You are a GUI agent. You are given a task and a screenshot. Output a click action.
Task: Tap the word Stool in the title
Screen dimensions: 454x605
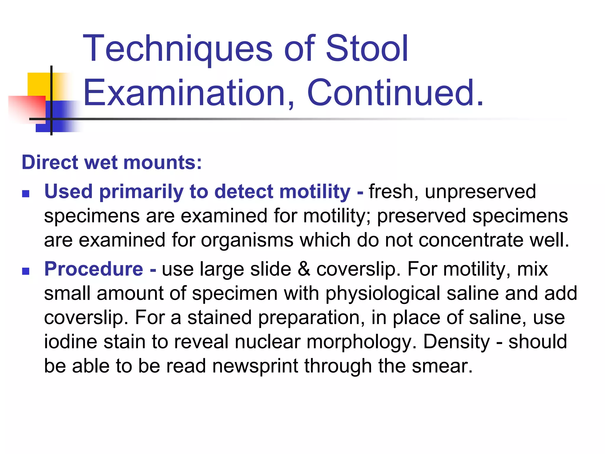pos(367,49)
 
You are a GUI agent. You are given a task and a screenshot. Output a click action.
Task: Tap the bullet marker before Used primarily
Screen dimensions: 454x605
pos(26,194)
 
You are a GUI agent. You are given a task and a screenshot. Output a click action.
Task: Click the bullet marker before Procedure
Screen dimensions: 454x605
pos(26,271)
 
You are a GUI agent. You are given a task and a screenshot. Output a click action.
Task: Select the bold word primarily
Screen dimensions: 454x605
pos(141,192)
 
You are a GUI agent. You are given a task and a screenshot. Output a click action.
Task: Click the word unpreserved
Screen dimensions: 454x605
pos(480,192)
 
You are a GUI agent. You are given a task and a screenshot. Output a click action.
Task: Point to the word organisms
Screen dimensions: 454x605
pos(247,240)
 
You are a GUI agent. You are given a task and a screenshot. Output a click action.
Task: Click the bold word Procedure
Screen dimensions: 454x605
pos(94,269)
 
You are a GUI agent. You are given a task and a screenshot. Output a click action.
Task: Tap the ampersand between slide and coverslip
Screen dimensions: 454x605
pos(304,269)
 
